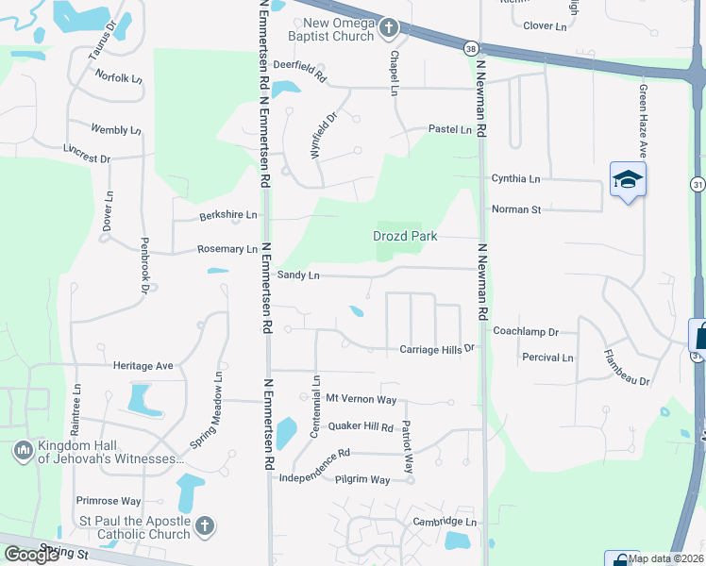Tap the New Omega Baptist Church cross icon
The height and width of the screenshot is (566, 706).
coord(388,30)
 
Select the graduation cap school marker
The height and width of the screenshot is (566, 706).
coord(628,178)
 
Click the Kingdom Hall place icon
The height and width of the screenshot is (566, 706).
coord(22,452)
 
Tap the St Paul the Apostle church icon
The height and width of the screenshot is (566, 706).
coord(205,526)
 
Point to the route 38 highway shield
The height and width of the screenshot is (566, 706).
coord(470,47)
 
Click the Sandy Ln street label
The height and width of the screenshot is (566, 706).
coord(299,275)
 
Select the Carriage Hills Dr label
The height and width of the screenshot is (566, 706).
coord(435,349)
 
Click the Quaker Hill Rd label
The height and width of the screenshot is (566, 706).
coord(361,426)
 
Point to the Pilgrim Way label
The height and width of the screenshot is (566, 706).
coord(362,480)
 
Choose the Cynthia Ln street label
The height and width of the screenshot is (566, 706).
coord(515,178)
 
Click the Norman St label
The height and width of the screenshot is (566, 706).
coord(515,208)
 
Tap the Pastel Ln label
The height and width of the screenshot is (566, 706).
coord(449,129)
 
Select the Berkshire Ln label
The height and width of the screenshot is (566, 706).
coord(227,215)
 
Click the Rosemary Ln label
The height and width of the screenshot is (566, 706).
coord(227,249)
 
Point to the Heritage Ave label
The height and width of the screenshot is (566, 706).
coord(143,365)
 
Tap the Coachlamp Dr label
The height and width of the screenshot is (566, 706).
coord(526,332)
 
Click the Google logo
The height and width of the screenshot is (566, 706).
coord(31,555)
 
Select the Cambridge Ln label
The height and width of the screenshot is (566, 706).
coord(445,522)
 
